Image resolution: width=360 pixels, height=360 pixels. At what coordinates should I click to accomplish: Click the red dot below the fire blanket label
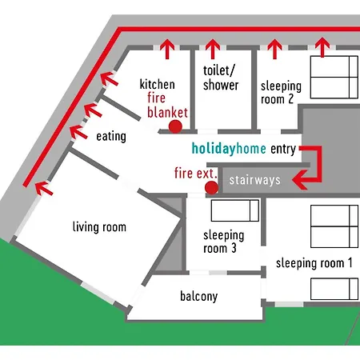pyautogui.click(x=175, y=126)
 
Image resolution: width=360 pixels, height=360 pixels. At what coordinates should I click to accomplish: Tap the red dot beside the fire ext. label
pyautogui.click(x=211, y=188)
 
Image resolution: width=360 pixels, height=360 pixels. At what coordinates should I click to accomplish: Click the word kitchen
pyautogui.click(x=158, y=84)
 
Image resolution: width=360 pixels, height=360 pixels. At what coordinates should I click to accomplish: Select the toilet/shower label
pyautogui.click(x=221, y=78)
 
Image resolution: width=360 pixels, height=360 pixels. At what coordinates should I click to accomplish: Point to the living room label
pyautogui.click(x=99, y=227)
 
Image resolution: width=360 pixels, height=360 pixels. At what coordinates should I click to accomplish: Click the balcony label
pyautogui.click(x=199, y=296)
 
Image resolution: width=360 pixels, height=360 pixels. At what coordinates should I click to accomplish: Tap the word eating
pyautogui.click(x=111, y=136)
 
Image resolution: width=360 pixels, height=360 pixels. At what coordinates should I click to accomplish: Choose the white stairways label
pyautogui.click(x=255, y=180)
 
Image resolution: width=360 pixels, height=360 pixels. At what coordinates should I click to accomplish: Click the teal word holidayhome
pyautogui.click(x=229, y=149)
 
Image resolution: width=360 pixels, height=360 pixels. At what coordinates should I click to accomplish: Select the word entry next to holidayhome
pyautogui.click(x=283, y=149)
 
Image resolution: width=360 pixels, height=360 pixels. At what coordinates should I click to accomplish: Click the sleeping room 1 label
pyautogui.click(x=314, y=263)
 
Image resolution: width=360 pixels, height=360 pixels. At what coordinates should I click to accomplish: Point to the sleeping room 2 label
pyautogui.click(x=281, y=93)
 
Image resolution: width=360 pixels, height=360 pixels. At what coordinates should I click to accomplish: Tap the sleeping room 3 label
pyautogui.click(x=223, y=242)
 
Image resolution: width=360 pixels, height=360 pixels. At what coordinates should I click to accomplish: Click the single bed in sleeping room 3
pyautogui.click(x=235, y=210)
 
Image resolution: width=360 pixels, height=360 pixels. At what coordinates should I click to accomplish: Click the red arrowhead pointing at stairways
pyautogui.click(x=300, y=180)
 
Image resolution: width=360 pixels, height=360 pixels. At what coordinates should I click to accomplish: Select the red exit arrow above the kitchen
pyautogui.click(x=167, y=49)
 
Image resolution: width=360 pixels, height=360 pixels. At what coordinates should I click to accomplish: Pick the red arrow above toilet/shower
pyautogui.click(x=213, y=49)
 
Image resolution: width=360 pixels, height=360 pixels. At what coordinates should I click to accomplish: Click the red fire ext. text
pyautogui.click(x=195, y=173)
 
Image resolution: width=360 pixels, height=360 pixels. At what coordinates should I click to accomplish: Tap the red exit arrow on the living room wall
pyautogui.click(x=44, y=188)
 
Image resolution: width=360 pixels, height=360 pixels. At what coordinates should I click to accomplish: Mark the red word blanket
pyautogui.click(x=167, y=112)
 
